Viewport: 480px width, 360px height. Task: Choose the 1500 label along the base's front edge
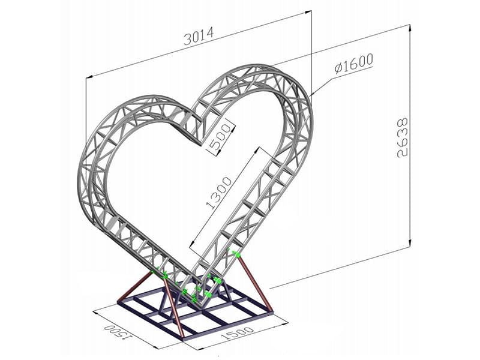(x=239, y=335)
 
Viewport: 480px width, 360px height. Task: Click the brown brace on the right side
(x=255, y=282)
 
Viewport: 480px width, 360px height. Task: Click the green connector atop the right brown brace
(x=236, y=254)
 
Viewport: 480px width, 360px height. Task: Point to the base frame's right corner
(x=273, y=312)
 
